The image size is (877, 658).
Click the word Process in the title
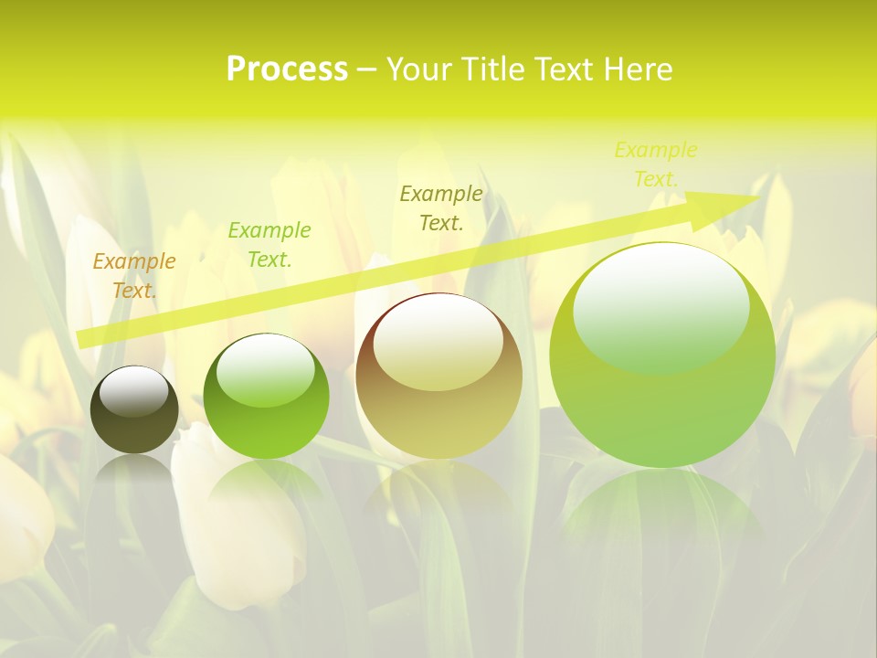[x=287, y=69]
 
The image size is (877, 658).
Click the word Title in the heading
[x=493, y=69]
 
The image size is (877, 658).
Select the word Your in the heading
[x=419, y=69]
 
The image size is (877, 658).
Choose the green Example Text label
[x=269, y=245]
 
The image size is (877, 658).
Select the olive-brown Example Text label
[x=441, y=207]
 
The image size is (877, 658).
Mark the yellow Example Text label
[x=656, y=164]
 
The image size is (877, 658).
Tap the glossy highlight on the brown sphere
[x=438, y=342]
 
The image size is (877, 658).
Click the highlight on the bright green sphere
[x=265, y=369]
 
